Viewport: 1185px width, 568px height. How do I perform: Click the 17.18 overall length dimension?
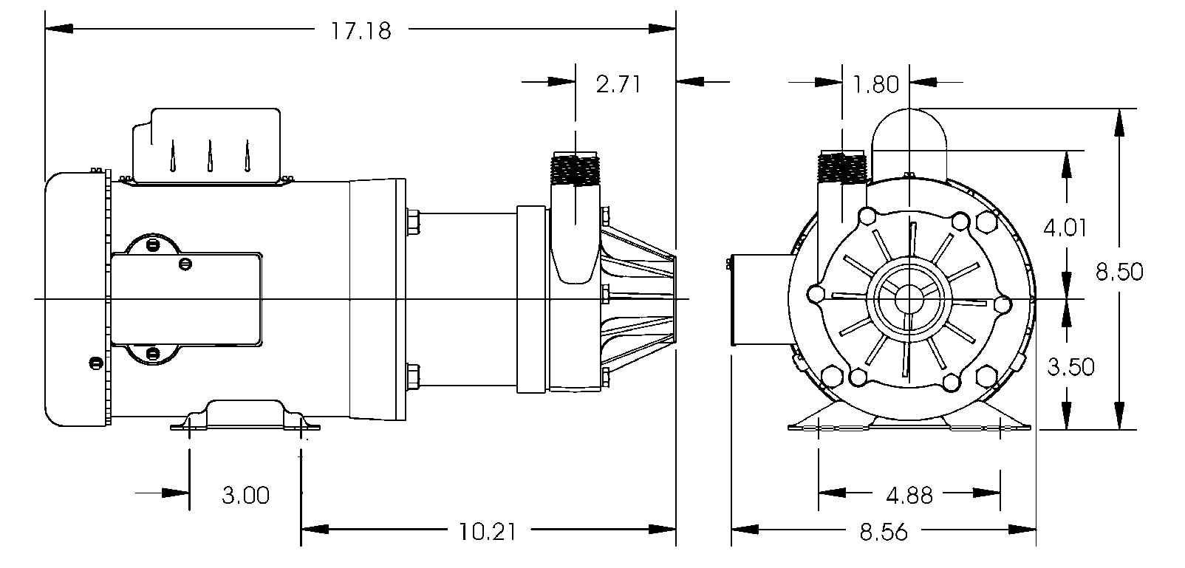[362, 30]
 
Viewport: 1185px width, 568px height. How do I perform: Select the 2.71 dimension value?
[618, 84]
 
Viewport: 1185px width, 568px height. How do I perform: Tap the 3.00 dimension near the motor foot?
[245, 494]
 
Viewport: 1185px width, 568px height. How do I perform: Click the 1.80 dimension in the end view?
[875, 84]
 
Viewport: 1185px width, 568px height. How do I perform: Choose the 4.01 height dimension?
[1065, 227]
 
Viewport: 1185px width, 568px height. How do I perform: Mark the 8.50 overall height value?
[1119, 272]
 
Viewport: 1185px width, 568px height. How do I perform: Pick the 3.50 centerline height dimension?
[1071, 366]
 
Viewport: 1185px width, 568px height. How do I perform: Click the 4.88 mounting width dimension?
[909, 494]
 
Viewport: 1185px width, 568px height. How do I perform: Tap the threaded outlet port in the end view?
[841, 168]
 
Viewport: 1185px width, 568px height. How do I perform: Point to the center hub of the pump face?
[909, 299]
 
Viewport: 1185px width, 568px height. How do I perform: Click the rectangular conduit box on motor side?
[186, 298]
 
